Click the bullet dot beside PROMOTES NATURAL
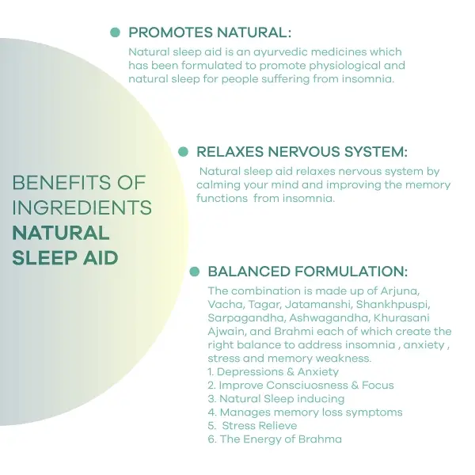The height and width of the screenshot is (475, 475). (x=115, y=32)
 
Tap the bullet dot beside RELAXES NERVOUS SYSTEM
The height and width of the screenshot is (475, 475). (x=184, y=151)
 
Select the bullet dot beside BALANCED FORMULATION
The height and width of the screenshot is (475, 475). (x=195, y=272)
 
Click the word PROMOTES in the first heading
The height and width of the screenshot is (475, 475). (x=170, y=32)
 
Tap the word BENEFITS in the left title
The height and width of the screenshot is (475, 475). (x=62, y=183)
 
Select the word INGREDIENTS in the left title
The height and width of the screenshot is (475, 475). (x=82, y=207)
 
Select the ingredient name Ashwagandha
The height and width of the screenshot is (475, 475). (x=329, y=317)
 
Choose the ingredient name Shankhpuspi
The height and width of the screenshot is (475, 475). (x=393, y=305)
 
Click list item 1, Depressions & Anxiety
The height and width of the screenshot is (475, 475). (x=273, y=372)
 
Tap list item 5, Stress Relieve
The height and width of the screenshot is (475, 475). (x=253, y=426)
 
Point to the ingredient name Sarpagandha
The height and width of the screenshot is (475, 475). (x=246, y=318)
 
